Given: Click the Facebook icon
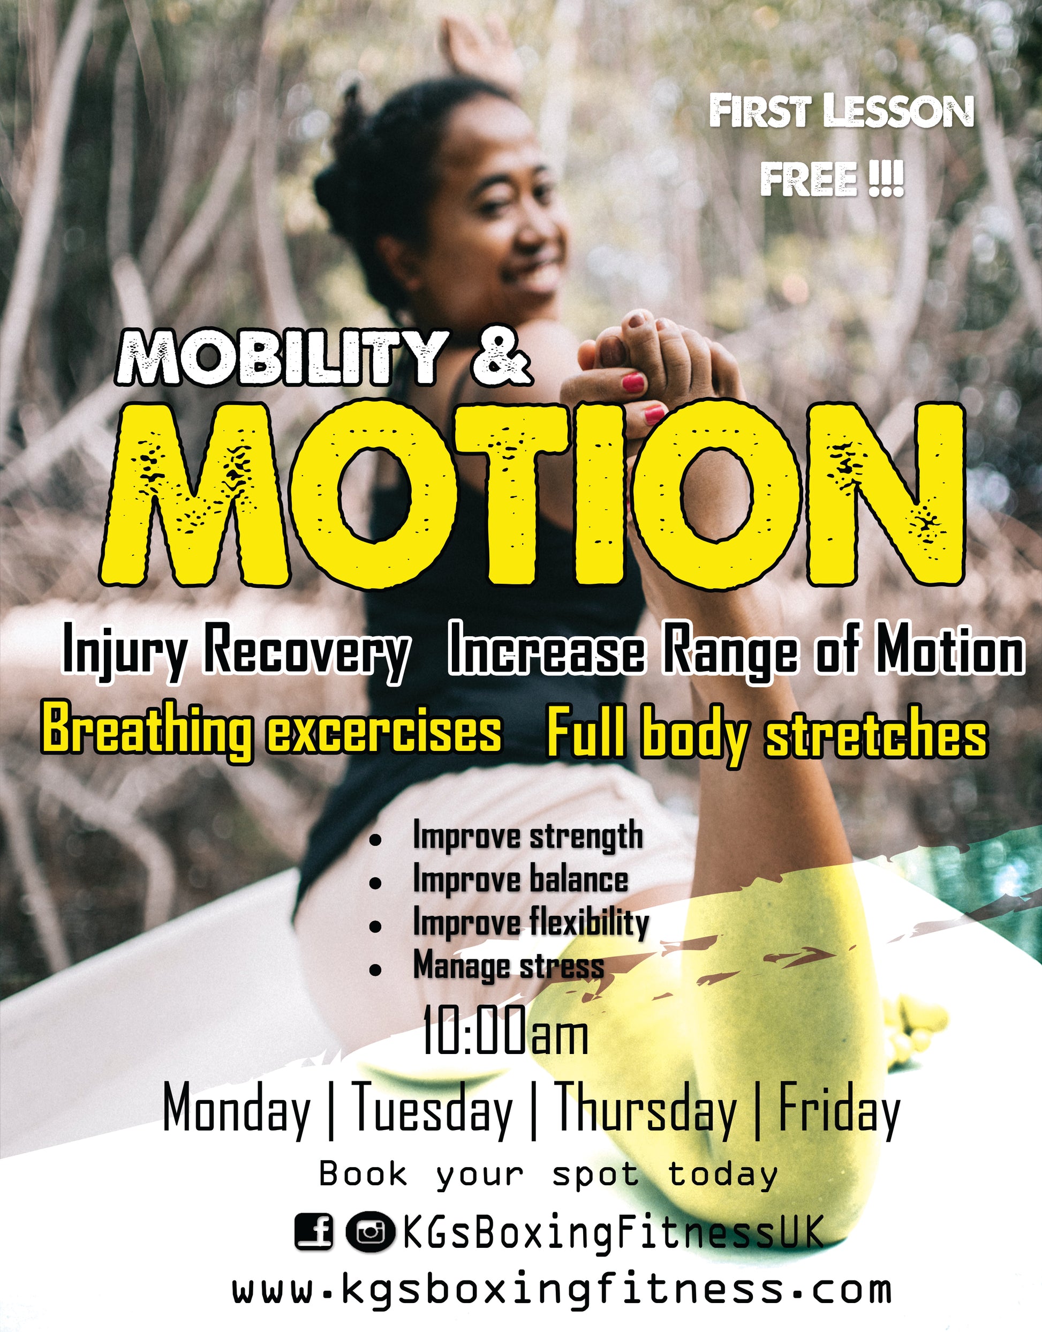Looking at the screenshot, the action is [x=314, y=1232].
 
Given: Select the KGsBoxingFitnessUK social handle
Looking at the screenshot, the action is [x=613, y=1232].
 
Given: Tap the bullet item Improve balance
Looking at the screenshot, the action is [x=520, y=880].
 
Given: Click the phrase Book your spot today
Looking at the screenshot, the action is [x=548, y=1174].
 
